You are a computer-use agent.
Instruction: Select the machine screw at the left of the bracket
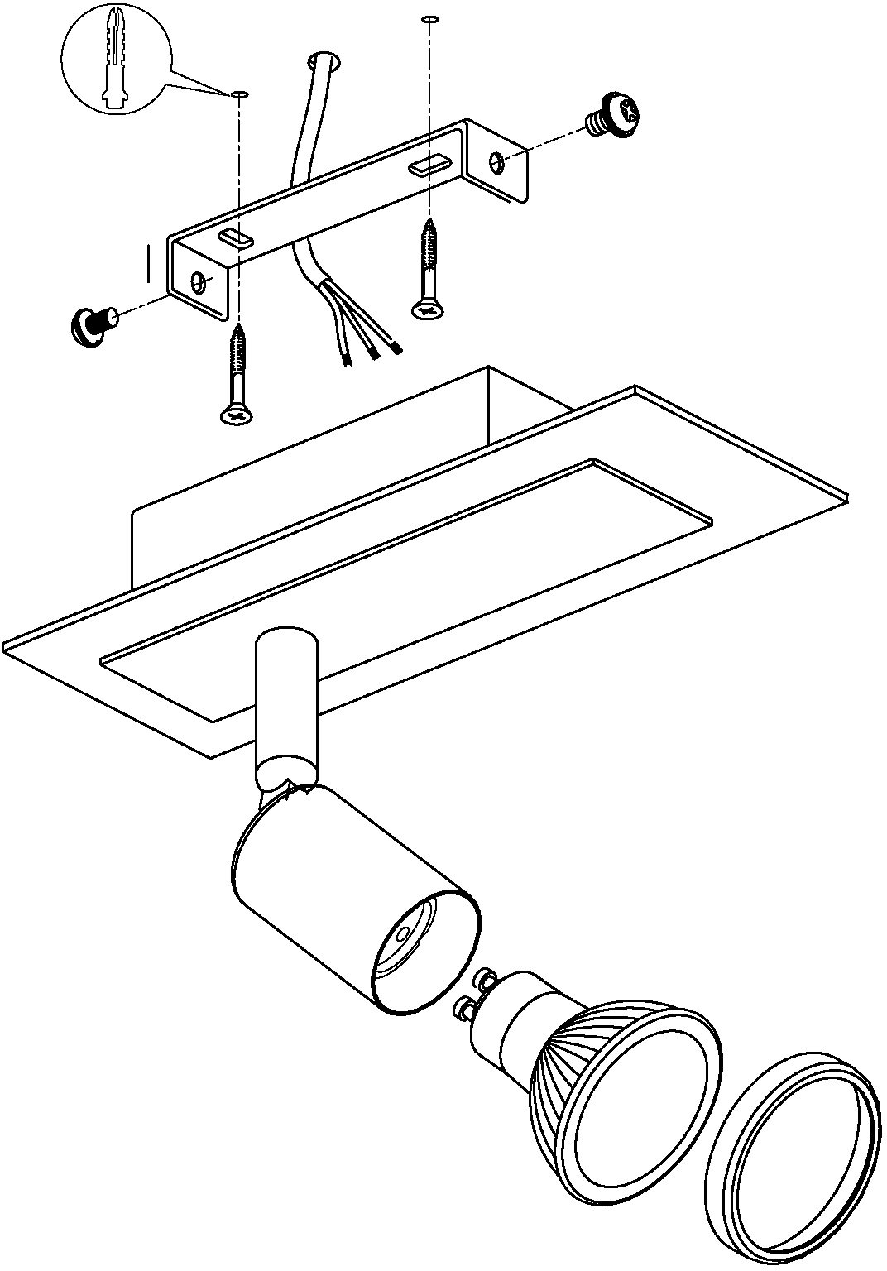coord(90,323)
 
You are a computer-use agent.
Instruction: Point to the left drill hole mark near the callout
coord(239,95)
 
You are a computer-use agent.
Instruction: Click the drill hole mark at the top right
coord(428,17)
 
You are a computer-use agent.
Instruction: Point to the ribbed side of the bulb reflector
coord(556,1076)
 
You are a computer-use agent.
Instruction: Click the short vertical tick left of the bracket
coord(148,263)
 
